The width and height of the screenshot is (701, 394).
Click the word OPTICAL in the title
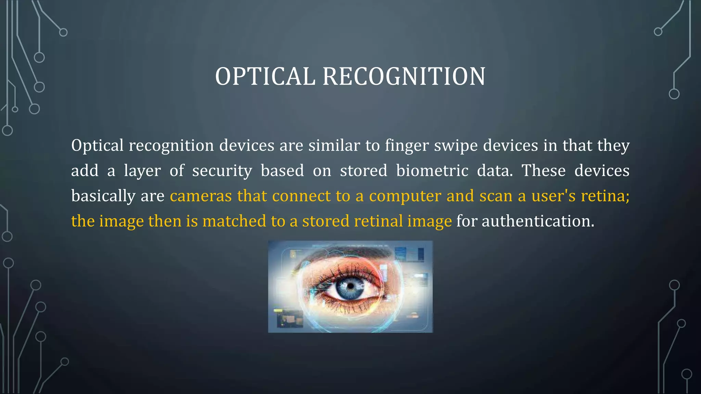pos(265,76)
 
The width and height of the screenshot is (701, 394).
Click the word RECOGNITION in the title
pos(404,76)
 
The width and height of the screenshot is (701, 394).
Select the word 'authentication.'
pos(538,221)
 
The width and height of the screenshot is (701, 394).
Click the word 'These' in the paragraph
pos(543,171)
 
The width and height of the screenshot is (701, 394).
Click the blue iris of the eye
pos(349,288)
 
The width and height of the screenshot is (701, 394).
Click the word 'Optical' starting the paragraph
pos(97,146)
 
